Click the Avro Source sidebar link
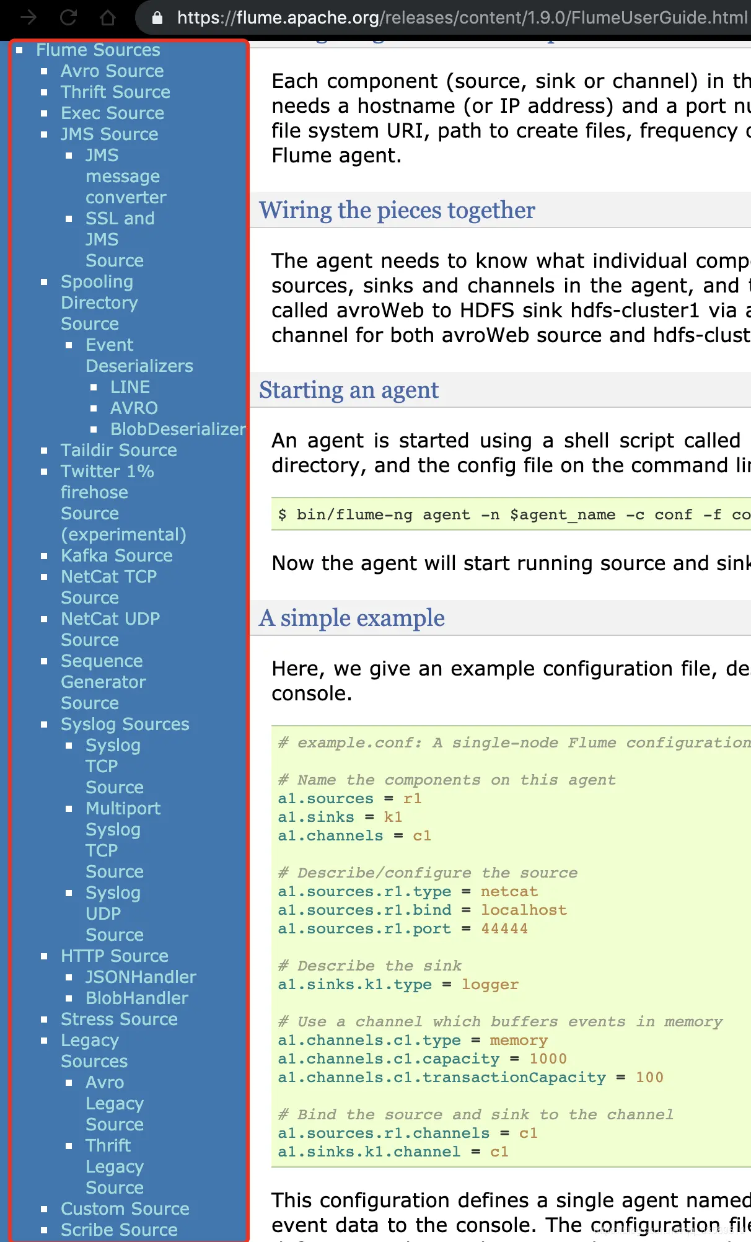click(112, 71)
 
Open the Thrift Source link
click(115, 92)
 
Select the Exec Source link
click(112, 113)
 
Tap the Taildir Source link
click(118, 451)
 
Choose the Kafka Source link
click(116, 556)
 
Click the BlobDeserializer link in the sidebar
click(178, 429)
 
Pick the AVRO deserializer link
click(134, 408)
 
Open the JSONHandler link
click(141, 977)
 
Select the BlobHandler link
click(137, 998)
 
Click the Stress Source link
click(119, 1020)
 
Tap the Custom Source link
click(125, 1209)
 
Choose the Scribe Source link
click(119, 1230)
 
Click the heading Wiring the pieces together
click(397, 211)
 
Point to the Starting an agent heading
click(349, 390)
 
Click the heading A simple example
click(352, 619)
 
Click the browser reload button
click(69, 17)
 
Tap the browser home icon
click(108, 17)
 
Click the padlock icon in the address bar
click(157, 18)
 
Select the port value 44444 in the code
click(504, 929)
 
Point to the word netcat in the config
click(509, 892)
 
